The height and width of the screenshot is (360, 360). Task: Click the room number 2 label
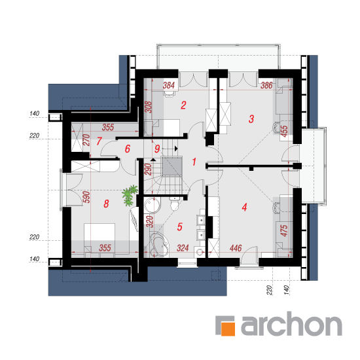(x=183, y=105)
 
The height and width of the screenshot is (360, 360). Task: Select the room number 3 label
(x=251, y=119)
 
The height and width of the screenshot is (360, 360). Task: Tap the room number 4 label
(x=244, y=207)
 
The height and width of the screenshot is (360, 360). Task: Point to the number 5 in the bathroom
(x=180, y=226)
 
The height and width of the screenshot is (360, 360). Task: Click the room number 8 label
(x=106, y=204)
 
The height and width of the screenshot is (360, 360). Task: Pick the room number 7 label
(x=99, y=141)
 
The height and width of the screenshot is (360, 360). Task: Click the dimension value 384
(x=169, y=85)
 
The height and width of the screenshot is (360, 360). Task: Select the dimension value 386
(x=266, y=85)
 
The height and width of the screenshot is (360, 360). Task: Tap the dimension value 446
(x=236, y=248)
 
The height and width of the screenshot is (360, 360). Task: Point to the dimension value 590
(x=86, y=197)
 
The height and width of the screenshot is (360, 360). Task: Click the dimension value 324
(x=183, y=248)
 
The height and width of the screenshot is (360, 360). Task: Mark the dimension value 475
(x=284, y=230)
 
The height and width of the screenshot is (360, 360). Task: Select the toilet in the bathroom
(x=175, y=203)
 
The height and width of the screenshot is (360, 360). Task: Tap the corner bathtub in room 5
(x=159, y=245)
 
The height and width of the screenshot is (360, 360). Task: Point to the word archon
(x=291, y=324)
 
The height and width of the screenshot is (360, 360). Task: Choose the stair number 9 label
(x=157, y=149)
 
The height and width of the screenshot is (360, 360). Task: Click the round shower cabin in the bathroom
(x=153, y=205)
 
